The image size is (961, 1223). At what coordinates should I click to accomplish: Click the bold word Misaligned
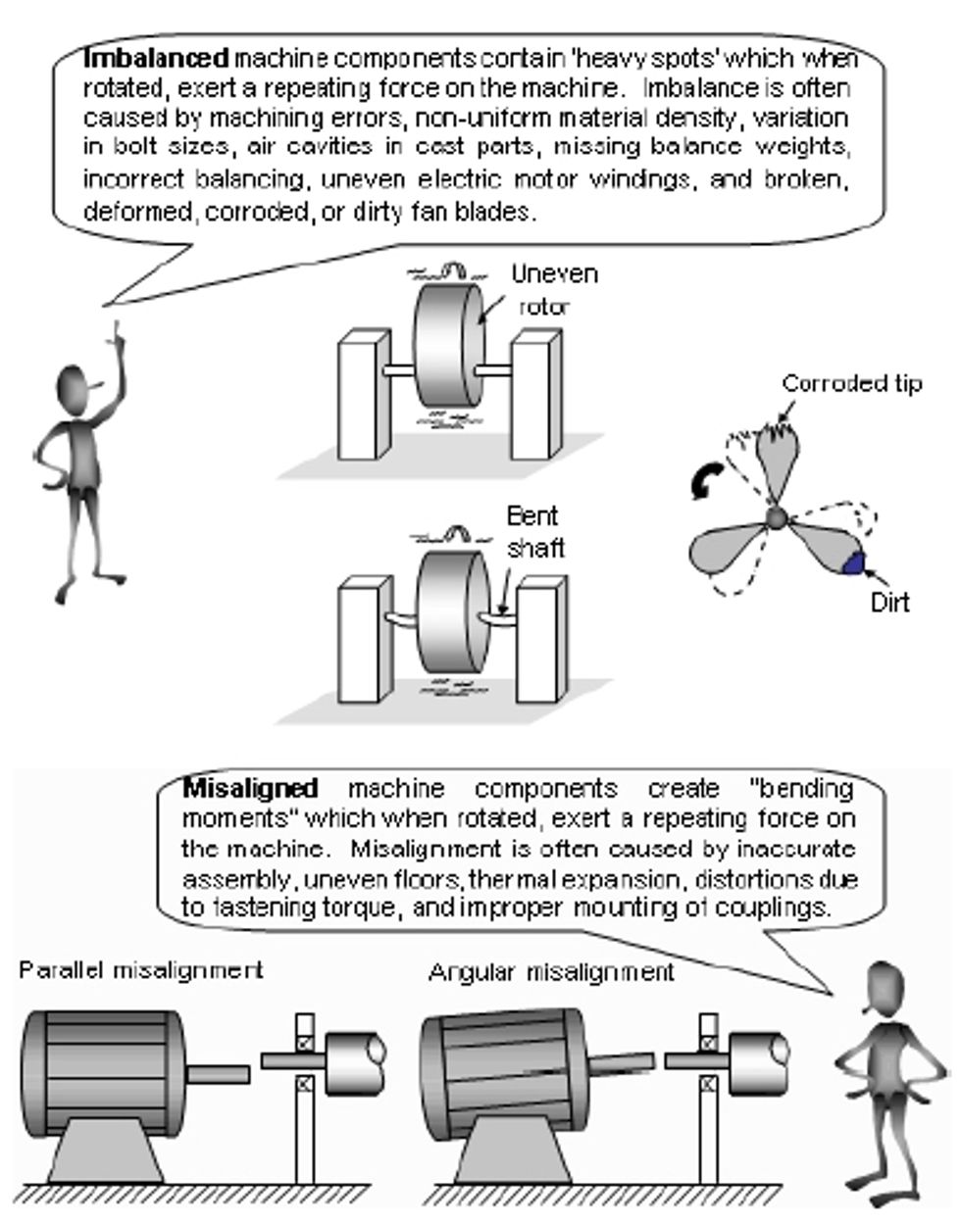click(250, 788)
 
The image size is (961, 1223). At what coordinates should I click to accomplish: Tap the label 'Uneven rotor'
click(553, 289)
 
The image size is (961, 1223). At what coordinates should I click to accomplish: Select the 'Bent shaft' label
click(534, 531)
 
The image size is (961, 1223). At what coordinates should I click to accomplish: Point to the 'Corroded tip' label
click(850, 383)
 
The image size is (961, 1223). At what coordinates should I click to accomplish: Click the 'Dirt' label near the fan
click(889, 602)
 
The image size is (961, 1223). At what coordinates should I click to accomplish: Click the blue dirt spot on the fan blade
click(853, 563)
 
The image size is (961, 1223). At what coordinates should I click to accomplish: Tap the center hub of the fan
click(776, 516)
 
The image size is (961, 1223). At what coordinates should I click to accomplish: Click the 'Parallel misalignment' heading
click(140, 970)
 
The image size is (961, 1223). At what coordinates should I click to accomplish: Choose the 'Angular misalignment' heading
click(551, 971)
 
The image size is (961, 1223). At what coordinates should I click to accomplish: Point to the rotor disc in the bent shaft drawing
click(450, 612)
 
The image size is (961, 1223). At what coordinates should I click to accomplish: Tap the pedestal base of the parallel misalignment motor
click(104, 1152)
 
